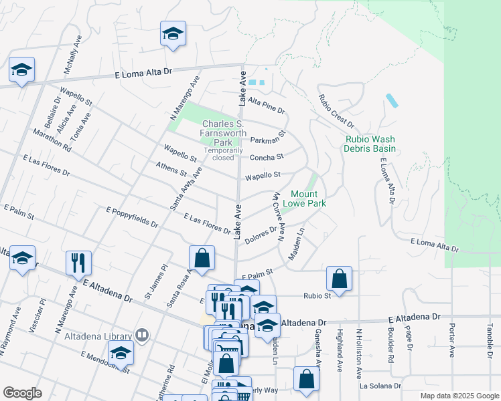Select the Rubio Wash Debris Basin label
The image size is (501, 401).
[370, 144]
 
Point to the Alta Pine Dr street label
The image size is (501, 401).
[267, 105]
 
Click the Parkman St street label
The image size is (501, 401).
[268, 138]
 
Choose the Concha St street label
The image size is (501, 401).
[267, 158]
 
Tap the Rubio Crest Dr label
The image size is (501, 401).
[336, 111]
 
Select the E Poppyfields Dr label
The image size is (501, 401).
[132, 219]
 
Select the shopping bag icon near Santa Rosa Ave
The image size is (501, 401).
[202, 257]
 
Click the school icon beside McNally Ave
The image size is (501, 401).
[173, 33]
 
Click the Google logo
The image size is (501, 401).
[22, 393]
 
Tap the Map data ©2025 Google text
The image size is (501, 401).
[459, 396]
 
